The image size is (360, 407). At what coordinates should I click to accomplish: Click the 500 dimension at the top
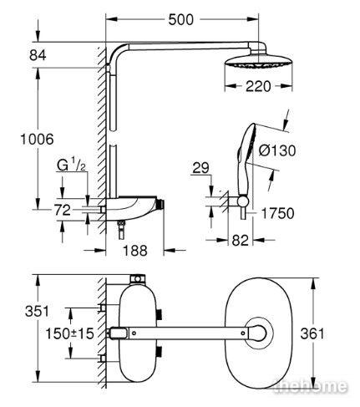(x=180, y=20)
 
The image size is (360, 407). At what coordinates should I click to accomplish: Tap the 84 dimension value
(x=38, y=55)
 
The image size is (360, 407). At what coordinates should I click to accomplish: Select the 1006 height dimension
(x=37, y=139)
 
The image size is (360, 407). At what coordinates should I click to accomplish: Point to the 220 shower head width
(x=258, y=86)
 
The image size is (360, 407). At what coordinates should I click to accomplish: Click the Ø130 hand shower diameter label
(x=277, y=150)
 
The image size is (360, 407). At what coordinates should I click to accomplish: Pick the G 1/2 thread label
(x=71, y=165)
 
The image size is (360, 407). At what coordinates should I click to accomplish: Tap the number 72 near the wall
(x=63, y=210)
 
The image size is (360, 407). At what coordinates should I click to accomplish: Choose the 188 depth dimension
(x=135, y=251)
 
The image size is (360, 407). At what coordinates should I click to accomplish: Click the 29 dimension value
(x=200, y=168)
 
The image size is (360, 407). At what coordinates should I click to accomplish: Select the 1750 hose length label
(x=277, y=214)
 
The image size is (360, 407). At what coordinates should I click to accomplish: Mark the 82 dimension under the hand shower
(x=240, y=240)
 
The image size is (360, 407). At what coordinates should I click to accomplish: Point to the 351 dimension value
(x=37, y=311)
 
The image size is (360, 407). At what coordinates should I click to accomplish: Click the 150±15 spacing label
(x=69, y=333)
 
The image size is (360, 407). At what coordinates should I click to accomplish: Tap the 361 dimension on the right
(x=312, y=333)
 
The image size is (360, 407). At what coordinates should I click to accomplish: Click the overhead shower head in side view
(x=258, y=62)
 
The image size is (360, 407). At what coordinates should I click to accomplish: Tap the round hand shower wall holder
(x=243, y=201)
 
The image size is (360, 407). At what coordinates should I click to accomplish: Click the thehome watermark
(x=311, y=386)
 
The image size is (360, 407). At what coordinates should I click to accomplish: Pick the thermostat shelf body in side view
(x=134, y=208)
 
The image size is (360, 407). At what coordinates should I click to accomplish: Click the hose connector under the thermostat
(x=121, y=230)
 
